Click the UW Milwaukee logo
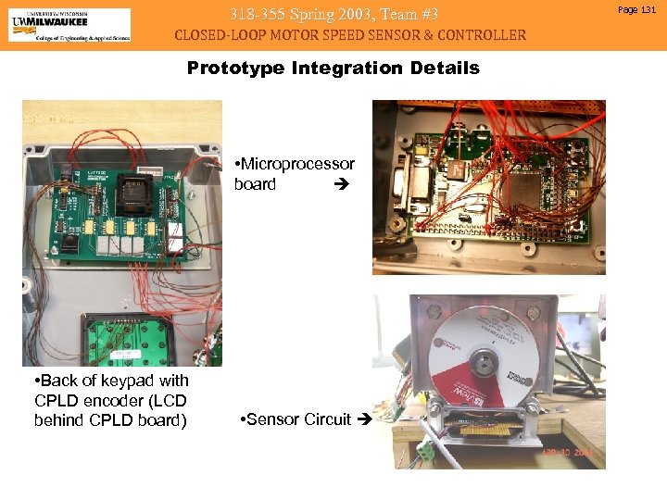pos(69,24)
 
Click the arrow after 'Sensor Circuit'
pos(362,419)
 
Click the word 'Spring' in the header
pos(315,13)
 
